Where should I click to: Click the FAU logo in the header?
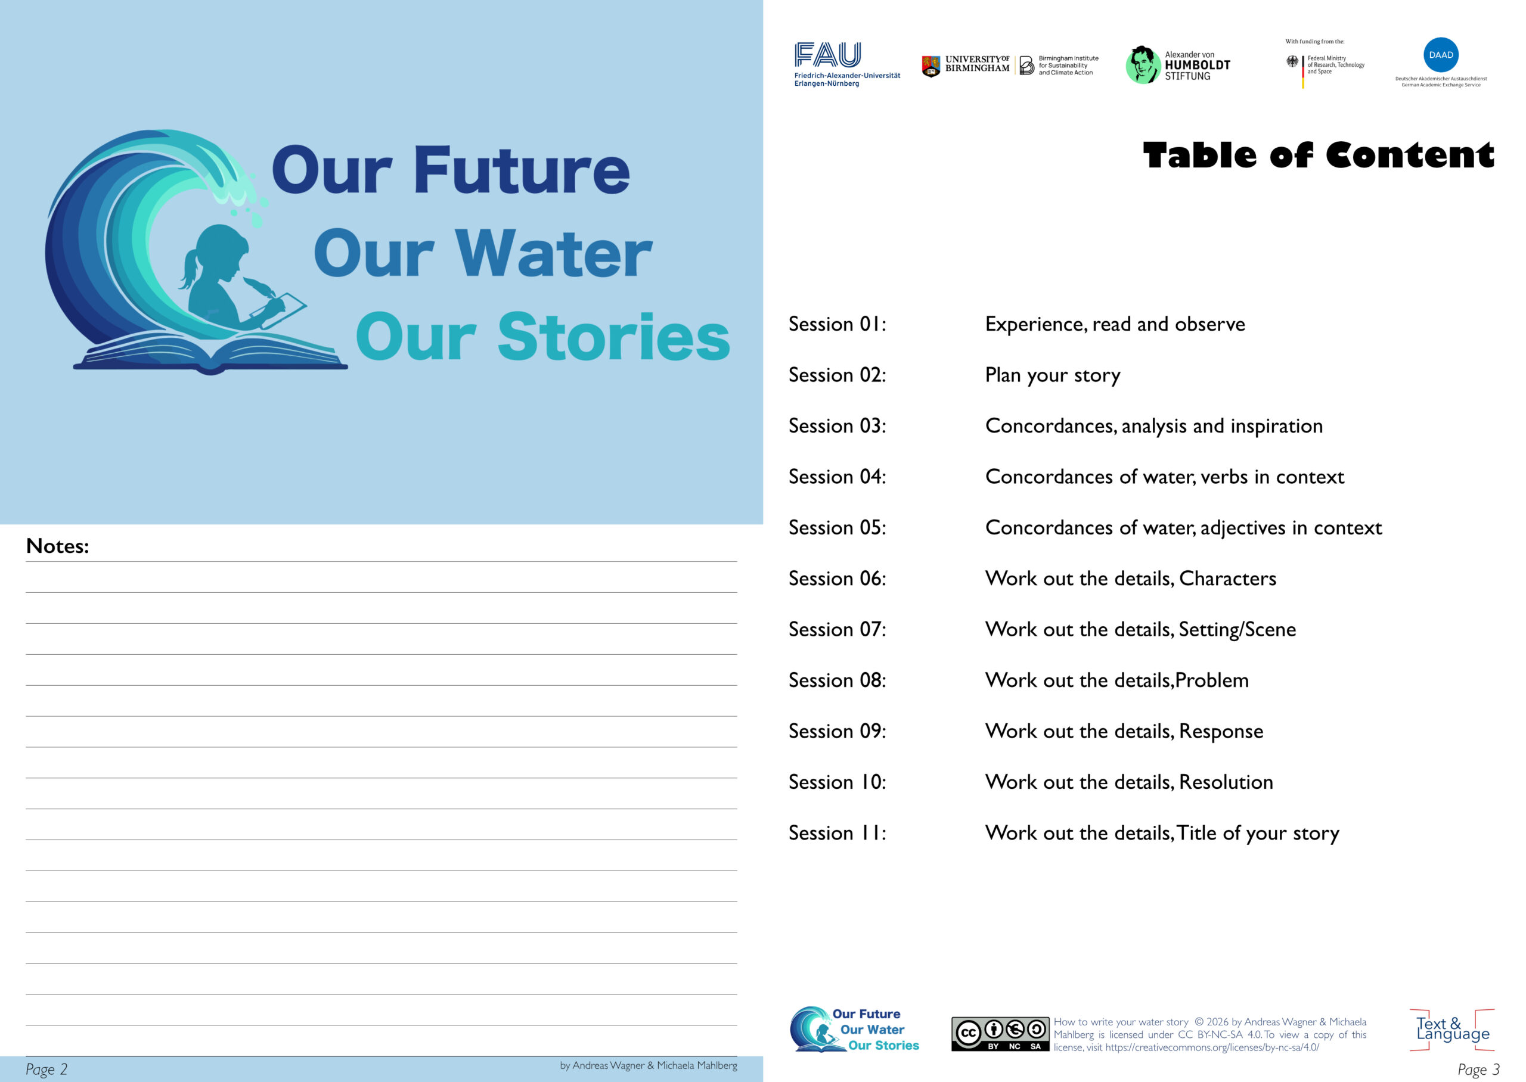coord(846,64)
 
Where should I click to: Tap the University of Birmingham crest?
coord(931,66)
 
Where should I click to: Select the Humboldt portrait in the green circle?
coord(1142,64)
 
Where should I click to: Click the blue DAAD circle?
coord(1441,55)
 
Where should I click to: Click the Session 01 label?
coord(837,324)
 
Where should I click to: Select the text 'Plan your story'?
coord(1052,376)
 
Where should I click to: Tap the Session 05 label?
coord(837,528)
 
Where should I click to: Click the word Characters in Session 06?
coord(1227,579)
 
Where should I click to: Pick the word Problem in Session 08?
coord(1211,680)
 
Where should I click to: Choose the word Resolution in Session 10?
coord(1226,782)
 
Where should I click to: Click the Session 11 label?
coord(837,833)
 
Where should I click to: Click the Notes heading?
coord(57,546)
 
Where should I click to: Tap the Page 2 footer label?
coord(46,1069)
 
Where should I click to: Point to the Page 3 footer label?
coord(1479,1069)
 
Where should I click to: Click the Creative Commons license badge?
coord(1000,1034)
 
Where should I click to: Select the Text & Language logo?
coord(1452,1030)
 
